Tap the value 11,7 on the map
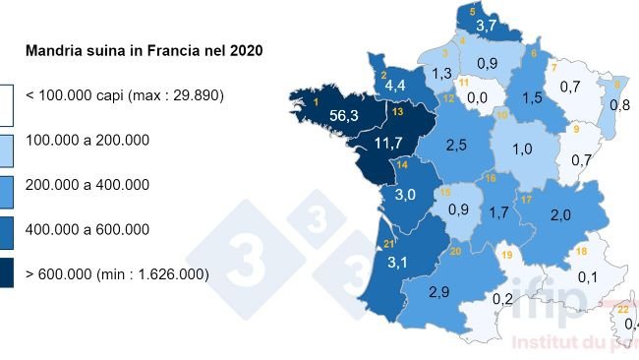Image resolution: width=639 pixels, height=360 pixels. (x=388, y=145)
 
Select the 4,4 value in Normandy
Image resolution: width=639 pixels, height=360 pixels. (x=396, y=87)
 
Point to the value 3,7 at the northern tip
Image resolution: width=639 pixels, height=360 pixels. (x=486, y=25)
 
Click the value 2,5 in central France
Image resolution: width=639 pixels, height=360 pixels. (x=455, y=146)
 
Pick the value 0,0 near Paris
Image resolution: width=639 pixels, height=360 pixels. (x=478, y=97)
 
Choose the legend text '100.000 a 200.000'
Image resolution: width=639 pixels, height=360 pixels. (x=87, y=141)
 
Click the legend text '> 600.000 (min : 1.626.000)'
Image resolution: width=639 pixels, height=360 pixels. (x=116, y=275)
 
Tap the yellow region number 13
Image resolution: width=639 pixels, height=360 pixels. (x=397, y=113)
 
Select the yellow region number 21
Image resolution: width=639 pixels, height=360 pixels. (x=388, y=244)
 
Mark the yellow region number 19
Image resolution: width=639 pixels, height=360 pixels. (x=507, y=256)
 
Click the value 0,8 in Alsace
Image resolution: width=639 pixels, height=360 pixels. (x=619, y=104)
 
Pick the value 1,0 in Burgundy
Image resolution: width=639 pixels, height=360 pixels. (x=522, y=150)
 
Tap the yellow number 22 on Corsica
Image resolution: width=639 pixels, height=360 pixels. (x=622, y=309)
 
